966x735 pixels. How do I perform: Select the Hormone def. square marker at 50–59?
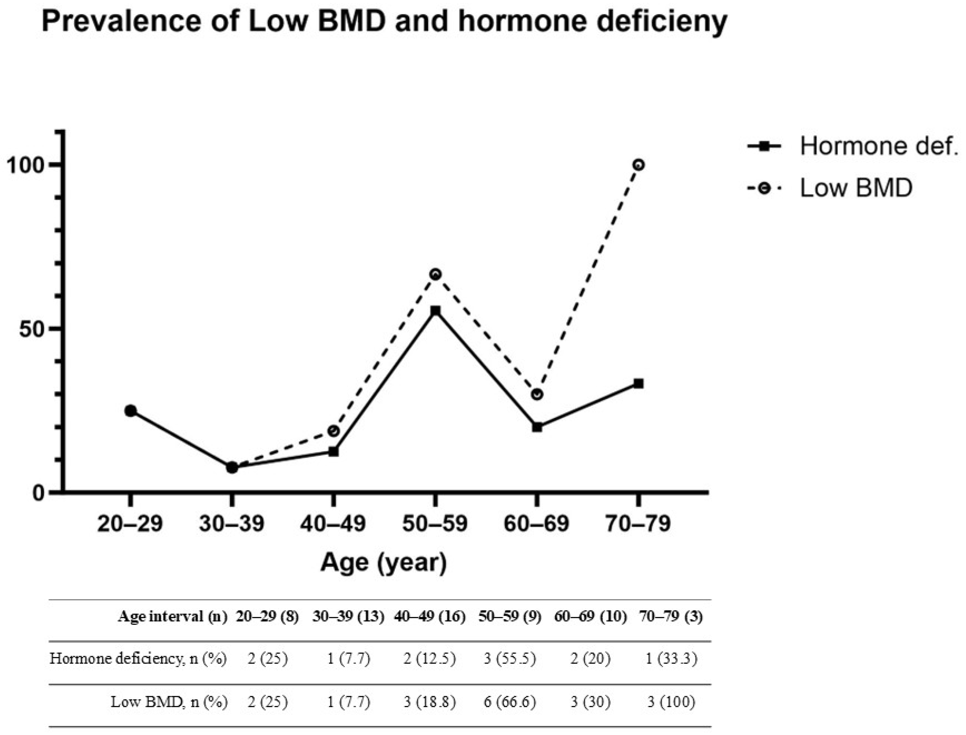pos(435,311)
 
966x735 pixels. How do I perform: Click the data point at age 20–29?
pos(130,410)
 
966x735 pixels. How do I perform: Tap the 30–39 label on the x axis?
pos(232,524)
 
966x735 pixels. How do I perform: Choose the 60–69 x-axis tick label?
pos(537,524)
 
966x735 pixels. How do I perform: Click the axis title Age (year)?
pos(384,563)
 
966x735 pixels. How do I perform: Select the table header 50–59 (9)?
pos(510,617)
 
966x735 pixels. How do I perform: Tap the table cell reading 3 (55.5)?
pos(510,659)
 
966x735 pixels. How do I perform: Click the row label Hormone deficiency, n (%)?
pos(138,659)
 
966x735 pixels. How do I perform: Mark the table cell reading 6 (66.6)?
pos(510,702)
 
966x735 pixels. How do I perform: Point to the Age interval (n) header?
pos(173,617)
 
